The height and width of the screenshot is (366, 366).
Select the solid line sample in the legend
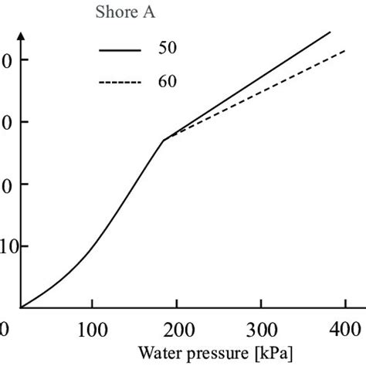pyautogui.click(x=120, y=49)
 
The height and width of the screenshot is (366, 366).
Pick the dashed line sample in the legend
pyautogui.click(x=120, y=80)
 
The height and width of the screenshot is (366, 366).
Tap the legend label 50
pyautogui.click(x=169, y=48)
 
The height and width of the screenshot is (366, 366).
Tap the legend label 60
pyautogui.click(x=169, y=80)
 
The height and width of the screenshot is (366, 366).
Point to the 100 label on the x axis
pyautogui.click(x=92, y=330)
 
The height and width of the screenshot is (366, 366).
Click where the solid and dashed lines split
pyautogui.click(x=164, y=140)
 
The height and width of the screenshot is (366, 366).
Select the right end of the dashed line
pyautogui.click(x=345, y=50)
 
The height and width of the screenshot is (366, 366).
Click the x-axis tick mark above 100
pyautogui.click(x=92, y=305)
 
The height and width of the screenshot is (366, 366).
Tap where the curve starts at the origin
pyautogui.click(x=22, y=307)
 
